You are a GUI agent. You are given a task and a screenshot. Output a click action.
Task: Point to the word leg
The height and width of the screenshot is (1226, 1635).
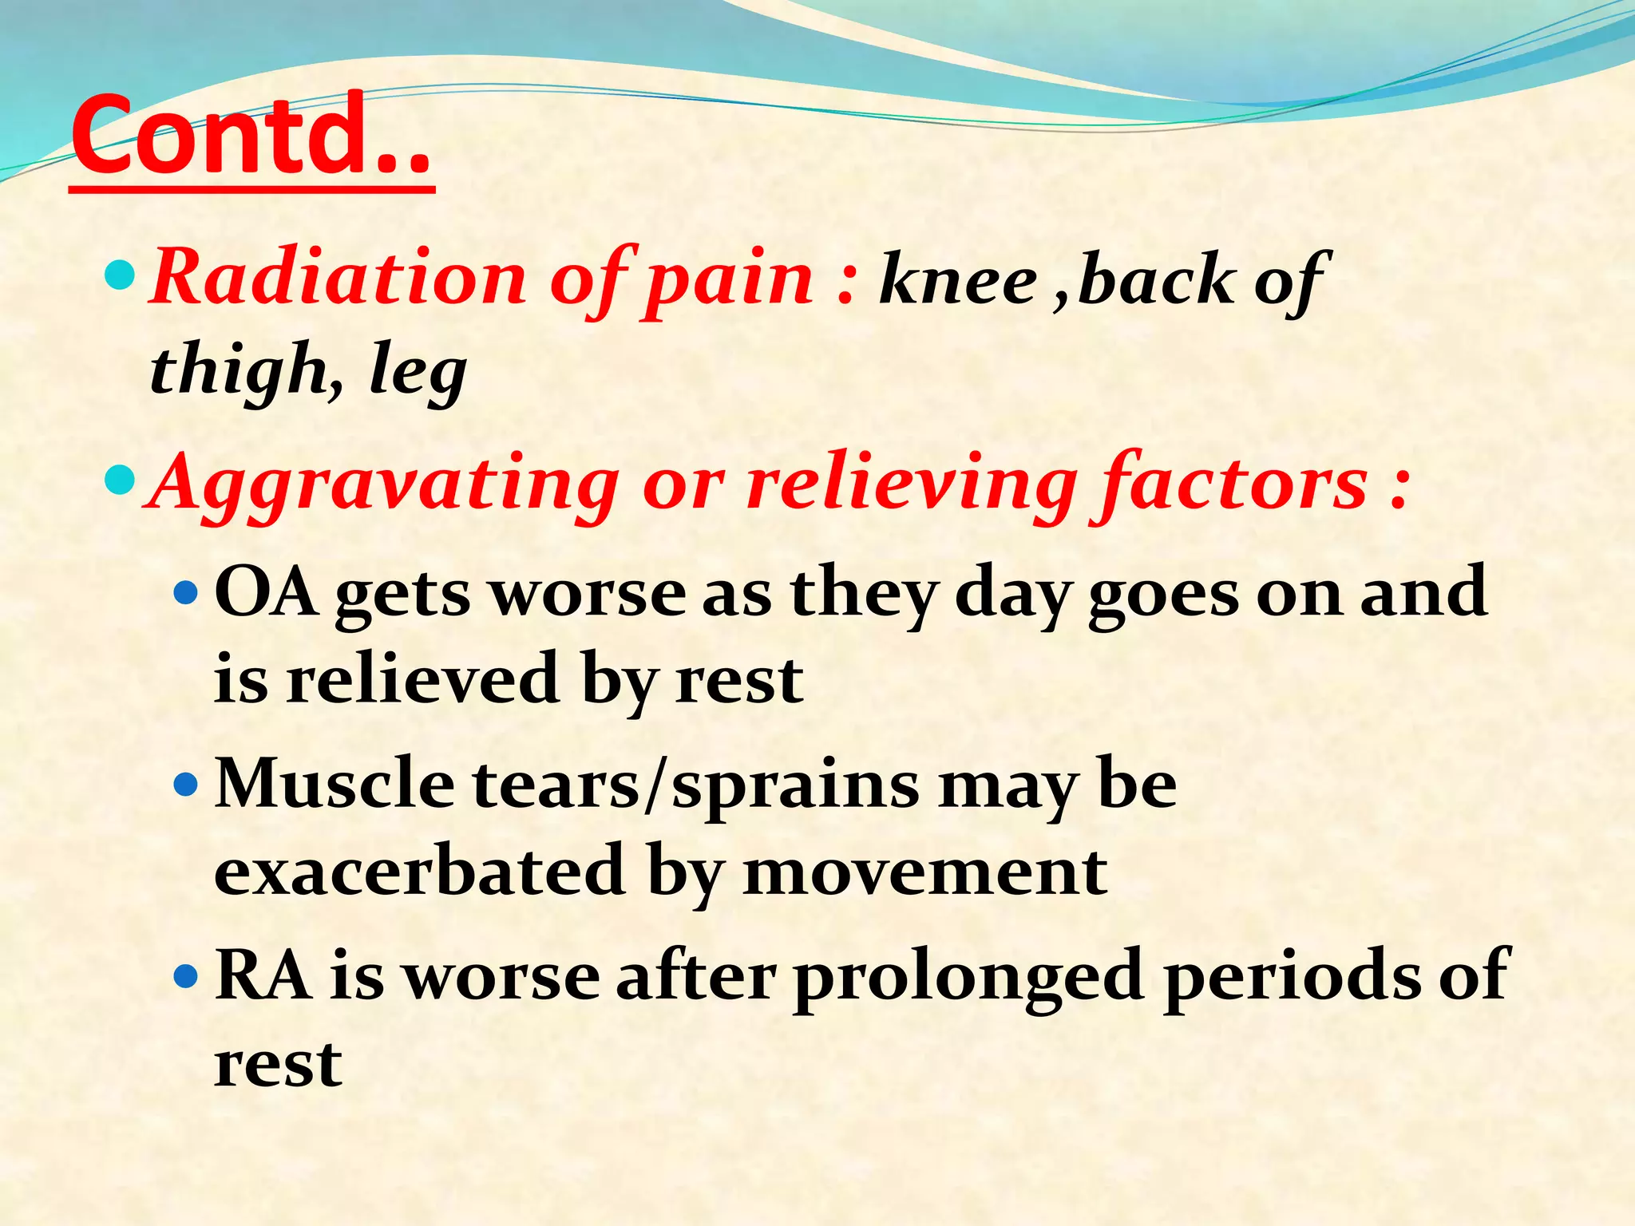click(418, 370)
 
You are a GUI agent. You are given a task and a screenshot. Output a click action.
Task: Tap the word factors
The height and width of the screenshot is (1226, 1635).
click(1233, 482)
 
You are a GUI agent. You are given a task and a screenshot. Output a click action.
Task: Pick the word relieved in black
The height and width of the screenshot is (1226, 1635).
click(422, 679)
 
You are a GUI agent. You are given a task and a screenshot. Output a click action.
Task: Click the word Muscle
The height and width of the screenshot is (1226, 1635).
click(335, 785)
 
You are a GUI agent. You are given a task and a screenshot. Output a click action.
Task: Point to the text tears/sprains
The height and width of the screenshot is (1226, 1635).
click(695, 786)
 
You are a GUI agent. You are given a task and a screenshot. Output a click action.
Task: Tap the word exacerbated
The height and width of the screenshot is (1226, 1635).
click(420, 871)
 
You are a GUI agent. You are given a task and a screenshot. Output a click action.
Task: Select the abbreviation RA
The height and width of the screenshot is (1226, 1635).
click(263, 975)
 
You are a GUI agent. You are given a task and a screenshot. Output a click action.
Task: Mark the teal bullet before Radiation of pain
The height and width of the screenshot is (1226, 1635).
click(121, 277)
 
